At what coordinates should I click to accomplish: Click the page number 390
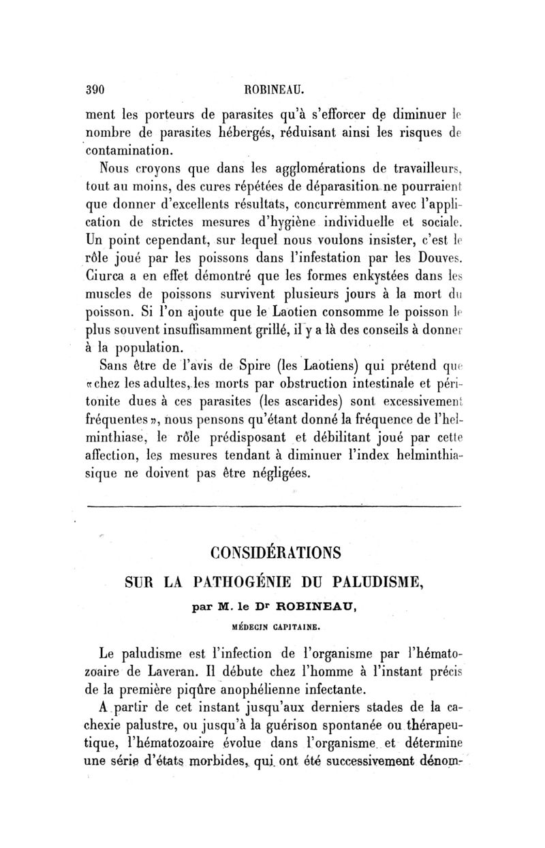91,89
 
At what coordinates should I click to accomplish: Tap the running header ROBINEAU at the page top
273,89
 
